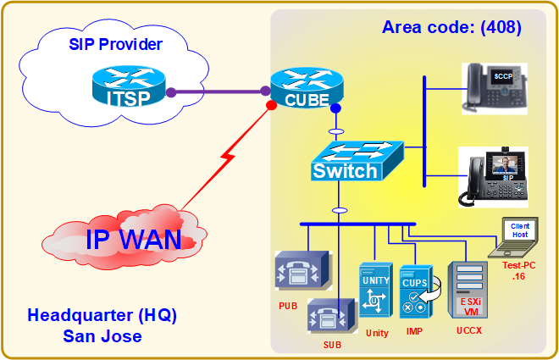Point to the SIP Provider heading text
click(x=115, y=43)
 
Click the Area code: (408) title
click(x=451, y=27)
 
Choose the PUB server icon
click(x=299, y=273)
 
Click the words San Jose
click(x=102, y=336)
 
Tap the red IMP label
click(x=415, y=333)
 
